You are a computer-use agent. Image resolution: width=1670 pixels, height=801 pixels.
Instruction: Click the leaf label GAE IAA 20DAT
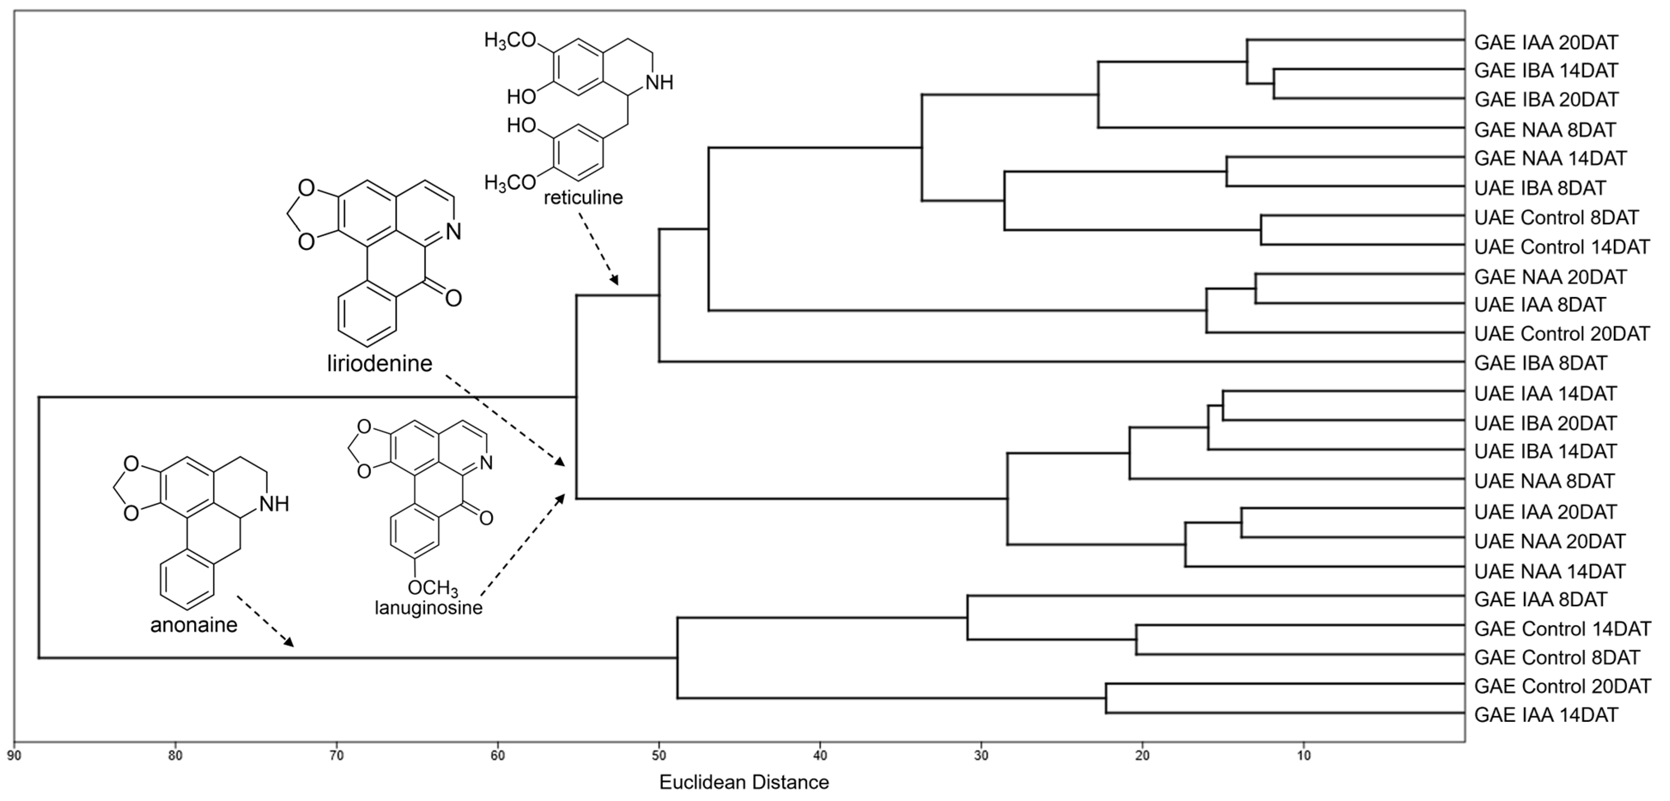pos(1545,43)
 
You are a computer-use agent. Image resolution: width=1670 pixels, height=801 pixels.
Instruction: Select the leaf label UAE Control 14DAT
pos(1562,247)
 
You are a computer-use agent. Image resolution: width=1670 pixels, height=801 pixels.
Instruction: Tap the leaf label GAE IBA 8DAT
pos(1541,363)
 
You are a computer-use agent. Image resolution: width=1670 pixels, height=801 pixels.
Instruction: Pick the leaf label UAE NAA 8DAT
pos(1544,481)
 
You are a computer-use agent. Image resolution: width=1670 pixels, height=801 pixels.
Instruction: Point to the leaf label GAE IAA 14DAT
pos(1545,715)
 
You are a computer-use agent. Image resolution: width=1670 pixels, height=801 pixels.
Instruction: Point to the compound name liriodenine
pos(379,363)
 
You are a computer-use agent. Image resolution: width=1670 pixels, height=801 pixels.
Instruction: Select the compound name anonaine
pos(194,625)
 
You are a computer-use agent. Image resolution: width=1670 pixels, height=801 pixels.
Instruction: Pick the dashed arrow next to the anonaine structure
pos(264,621)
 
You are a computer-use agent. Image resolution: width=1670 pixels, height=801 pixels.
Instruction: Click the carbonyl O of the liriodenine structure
pos(453,298)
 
